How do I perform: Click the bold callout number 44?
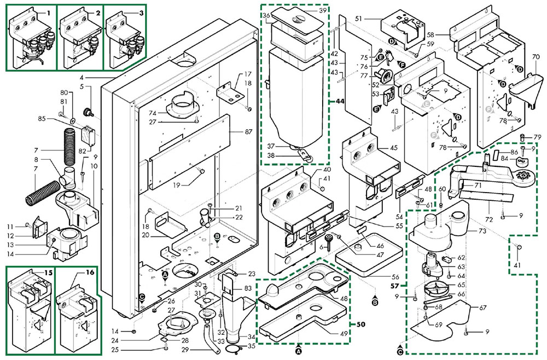pyautogui.click(x=340, y=102)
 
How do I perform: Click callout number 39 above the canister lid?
pyautogui.click(x=322, y=11)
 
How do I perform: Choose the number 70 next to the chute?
pyautogui.click(x=536, y=56)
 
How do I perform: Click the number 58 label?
pyautogui.click(x=446, y=34)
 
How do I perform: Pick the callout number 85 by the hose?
pyautogui.click(x=57, y=118)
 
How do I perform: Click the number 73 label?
pyautogui.click(x=482, y=232)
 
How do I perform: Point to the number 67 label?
pyautogui.click(x=482, y=307)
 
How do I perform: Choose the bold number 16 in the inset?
pyautogui.click(x=90, y=272)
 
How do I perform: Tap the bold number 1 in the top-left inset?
pyautogui.click(x=48, y=12)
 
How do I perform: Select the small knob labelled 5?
pyautogui.click(x=86, y=112)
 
